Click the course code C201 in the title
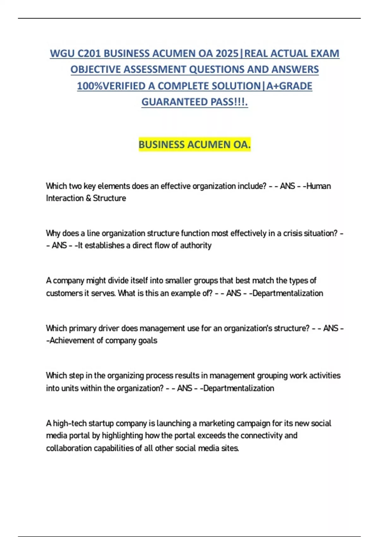click(89, 53)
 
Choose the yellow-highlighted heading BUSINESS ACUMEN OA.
click(195, 144)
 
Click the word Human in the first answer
click(319, 186)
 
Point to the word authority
click(196, 245)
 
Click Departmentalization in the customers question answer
click(288, 293)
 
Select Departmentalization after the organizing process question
click(239, 388)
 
